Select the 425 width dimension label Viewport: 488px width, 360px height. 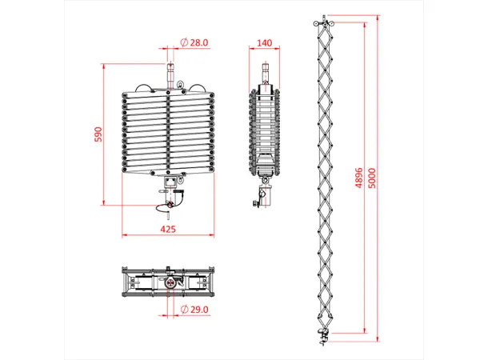168,229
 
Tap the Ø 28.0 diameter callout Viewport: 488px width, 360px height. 194,42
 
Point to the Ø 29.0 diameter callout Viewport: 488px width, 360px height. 194,309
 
